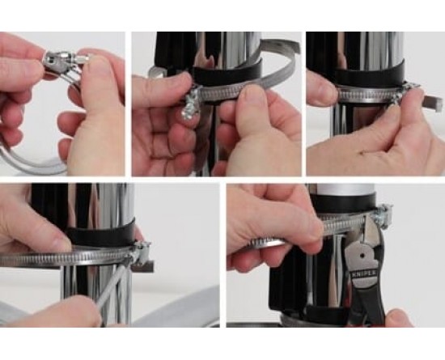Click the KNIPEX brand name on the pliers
click(364, 274)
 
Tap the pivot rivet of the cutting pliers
click(362, 256)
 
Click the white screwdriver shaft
click(113, 286)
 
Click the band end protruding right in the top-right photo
click(432, 101)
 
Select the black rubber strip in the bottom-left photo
click(101, 233)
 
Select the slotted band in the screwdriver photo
click(66, 258)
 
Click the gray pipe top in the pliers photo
click(344, 189)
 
